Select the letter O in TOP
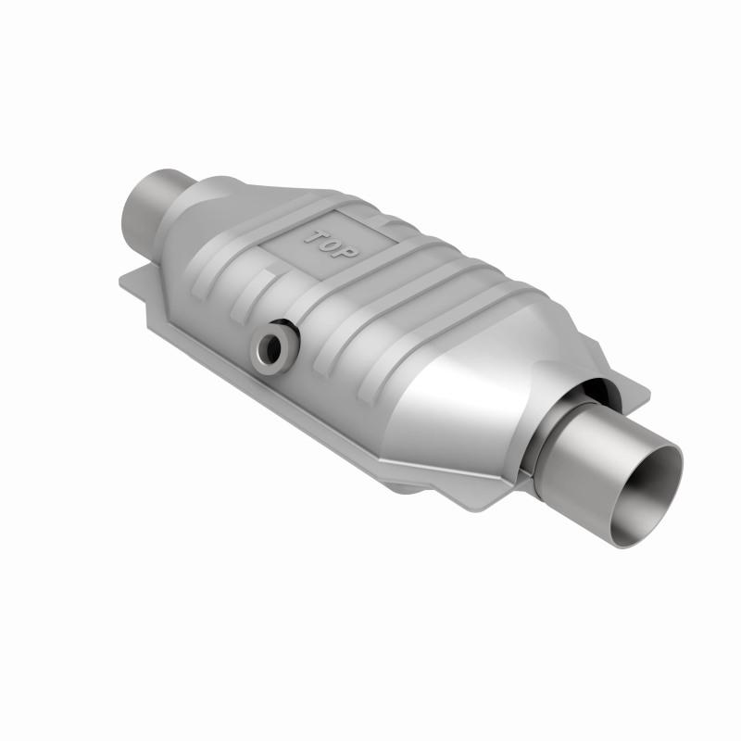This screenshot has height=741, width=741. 334,243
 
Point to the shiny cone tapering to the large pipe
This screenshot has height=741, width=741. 482,389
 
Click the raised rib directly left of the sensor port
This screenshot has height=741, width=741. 236,306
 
